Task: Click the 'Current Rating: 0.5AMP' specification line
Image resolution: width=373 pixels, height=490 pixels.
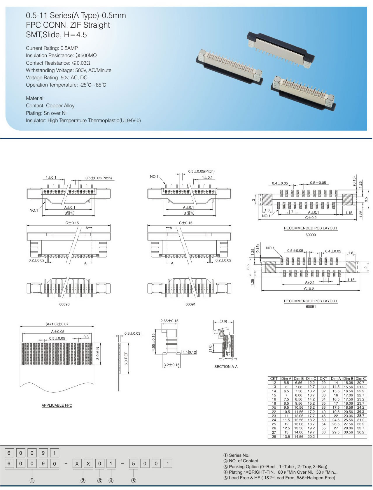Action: pos(52,48)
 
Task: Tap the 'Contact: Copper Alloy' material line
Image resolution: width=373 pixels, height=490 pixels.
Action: pos(50,106)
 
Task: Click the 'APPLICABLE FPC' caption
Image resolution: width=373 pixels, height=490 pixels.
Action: pos(57,405)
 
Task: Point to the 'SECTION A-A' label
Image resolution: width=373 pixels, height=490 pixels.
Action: pos(226,366)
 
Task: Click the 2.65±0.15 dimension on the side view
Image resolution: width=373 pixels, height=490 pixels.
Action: pos(169,321)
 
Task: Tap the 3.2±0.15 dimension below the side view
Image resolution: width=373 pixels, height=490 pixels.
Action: pos(171,365)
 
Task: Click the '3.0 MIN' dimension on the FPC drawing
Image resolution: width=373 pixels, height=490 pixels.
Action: pos(98,354)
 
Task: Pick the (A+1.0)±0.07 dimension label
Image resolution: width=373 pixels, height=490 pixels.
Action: pos(57,324)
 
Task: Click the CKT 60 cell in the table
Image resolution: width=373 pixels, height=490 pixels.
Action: pos(323,432)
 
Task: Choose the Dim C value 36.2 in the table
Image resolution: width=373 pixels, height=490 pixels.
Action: pos(360,432)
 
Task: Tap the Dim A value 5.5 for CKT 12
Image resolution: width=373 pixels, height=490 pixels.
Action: pos(286,383)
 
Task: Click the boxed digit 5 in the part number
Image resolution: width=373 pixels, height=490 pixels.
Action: pos(133,463)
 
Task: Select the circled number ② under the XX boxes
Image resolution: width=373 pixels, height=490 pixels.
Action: pos(83,481)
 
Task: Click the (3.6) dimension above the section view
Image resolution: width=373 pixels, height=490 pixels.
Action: pos(223,321)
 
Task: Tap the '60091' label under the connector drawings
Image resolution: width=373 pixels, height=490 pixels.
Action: pos(190,304)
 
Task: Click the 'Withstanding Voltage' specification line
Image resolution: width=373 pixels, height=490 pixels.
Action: pos(69,70)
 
